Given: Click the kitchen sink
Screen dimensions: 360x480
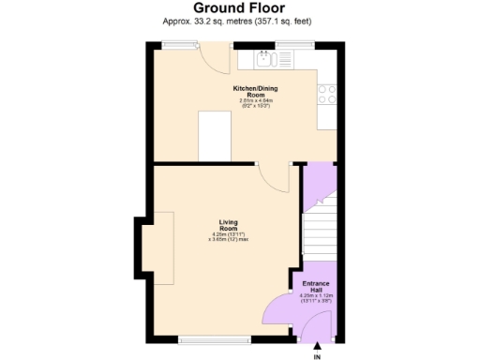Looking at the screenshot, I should pos(264,59).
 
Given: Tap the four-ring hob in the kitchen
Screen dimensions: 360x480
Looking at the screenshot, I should pos(328,94).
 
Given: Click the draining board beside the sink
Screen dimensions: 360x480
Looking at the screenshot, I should pos(283,59).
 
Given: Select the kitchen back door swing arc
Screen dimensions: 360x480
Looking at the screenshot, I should pos(218,62).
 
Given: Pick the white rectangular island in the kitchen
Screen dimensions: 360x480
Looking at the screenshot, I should pos(215,132).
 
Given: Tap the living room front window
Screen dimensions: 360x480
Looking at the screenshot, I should pos(214,338).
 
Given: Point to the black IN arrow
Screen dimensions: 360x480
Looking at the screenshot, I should pos(316,349).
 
